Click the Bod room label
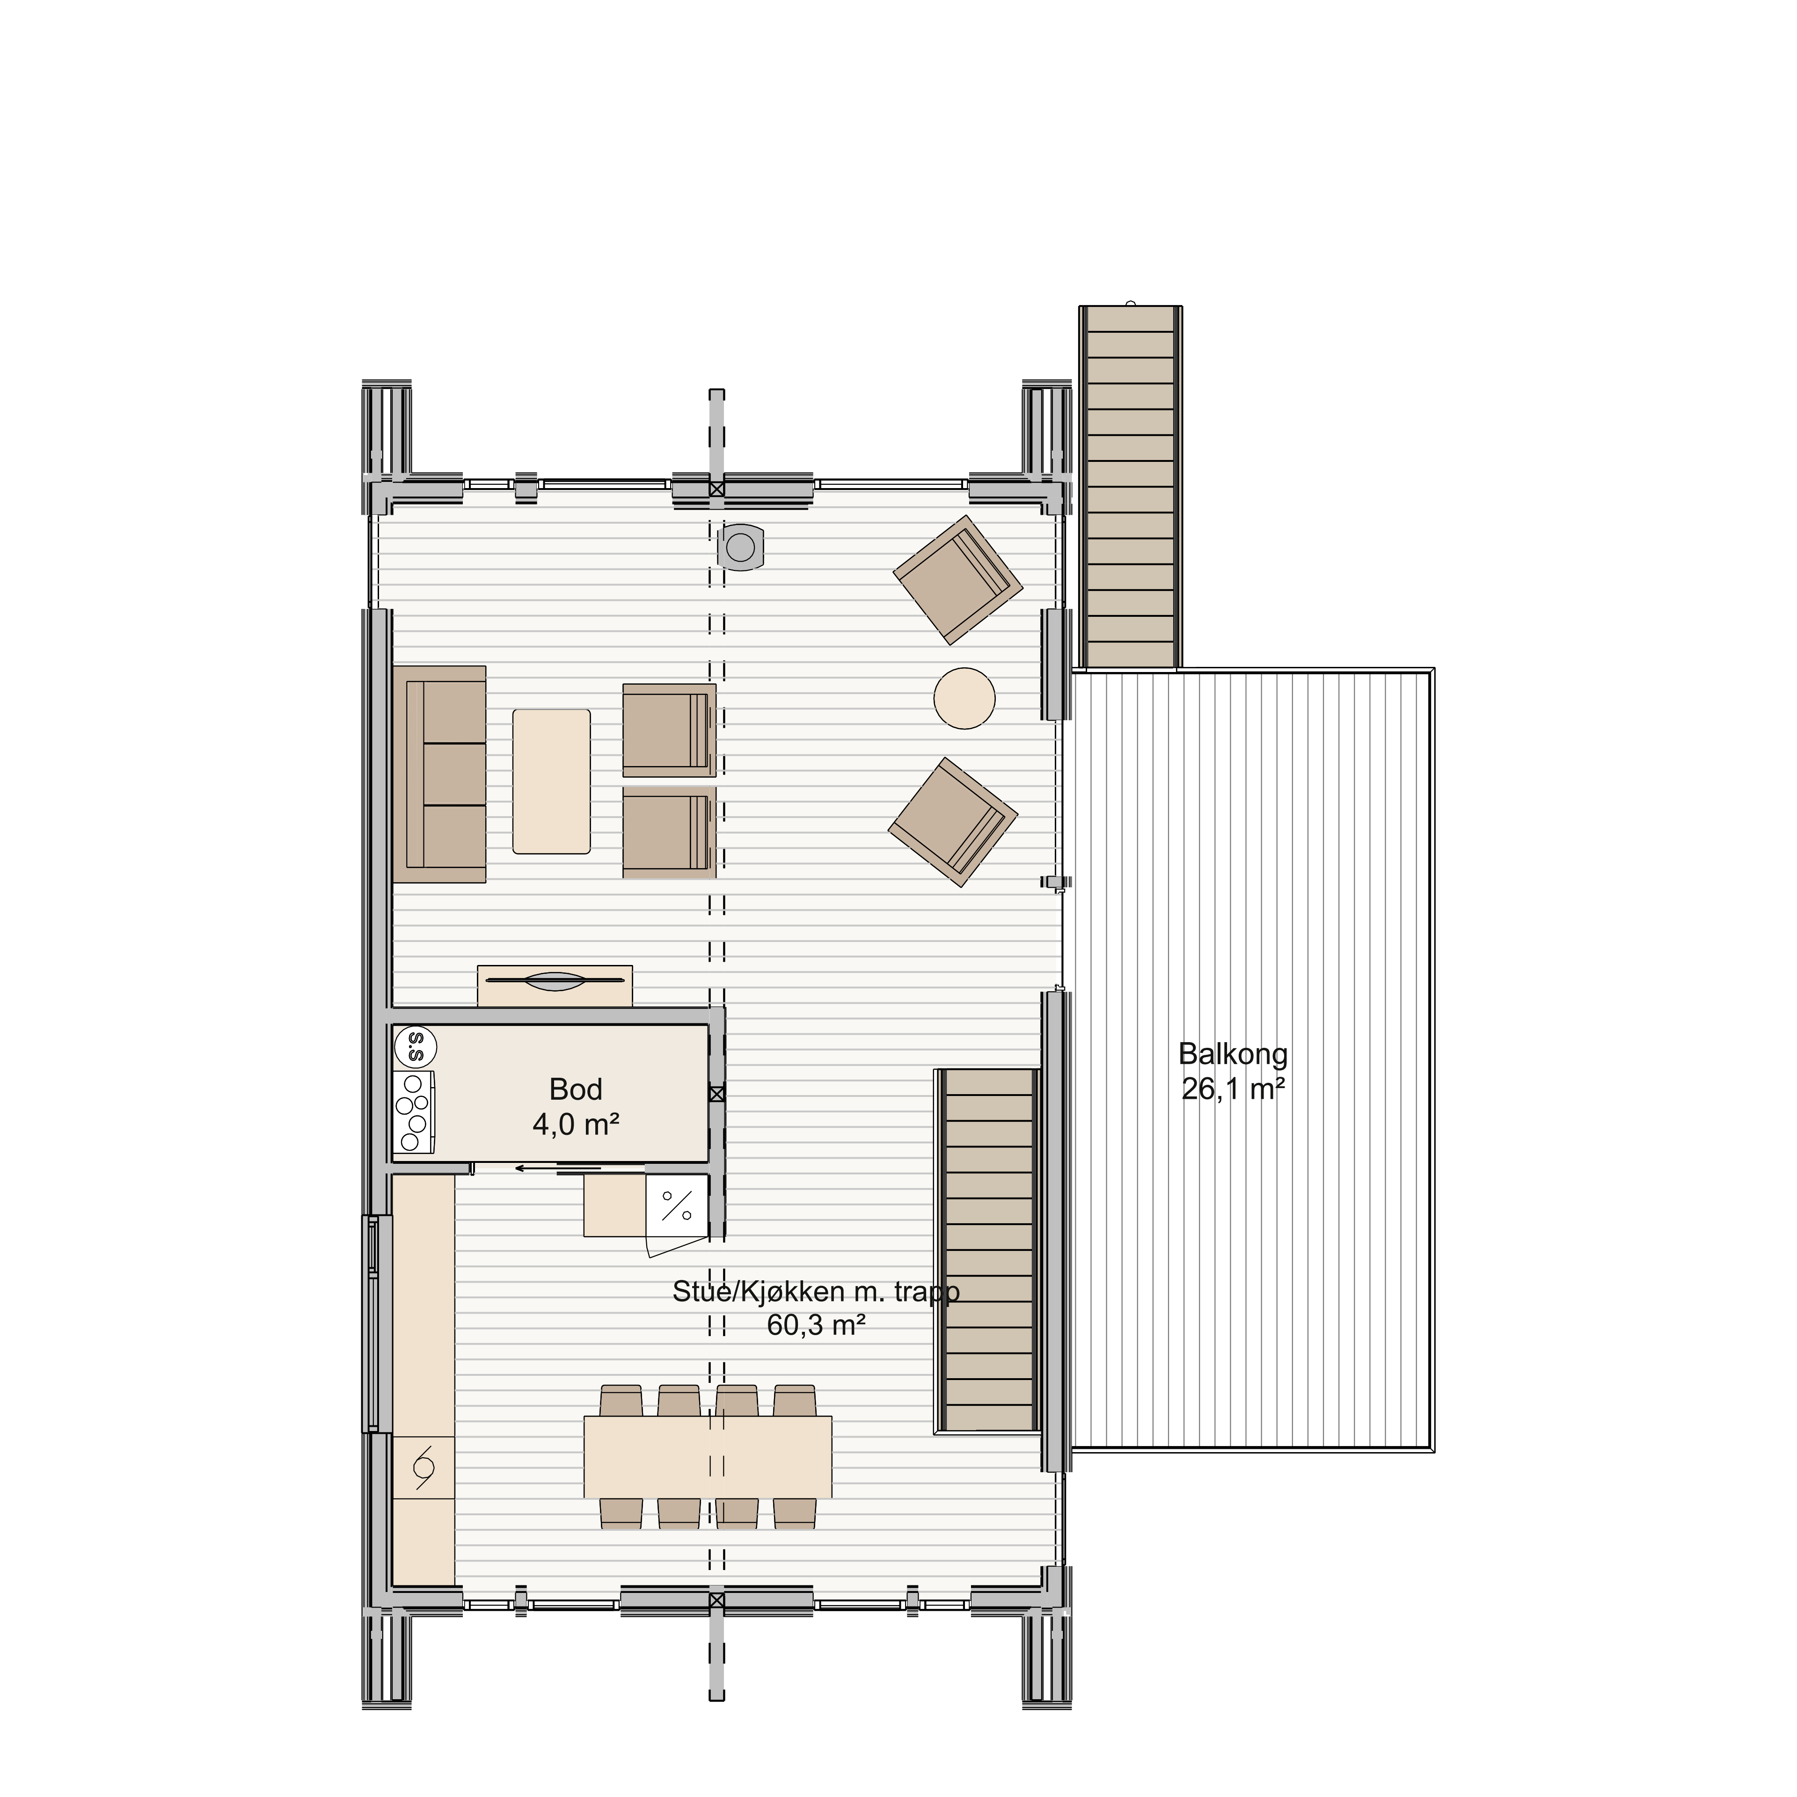[576, 1089]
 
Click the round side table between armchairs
[964, 699]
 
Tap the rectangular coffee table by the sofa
[552, 782]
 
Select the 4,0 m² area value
[576, 1125]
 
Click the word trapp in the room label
[927, 1292]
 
